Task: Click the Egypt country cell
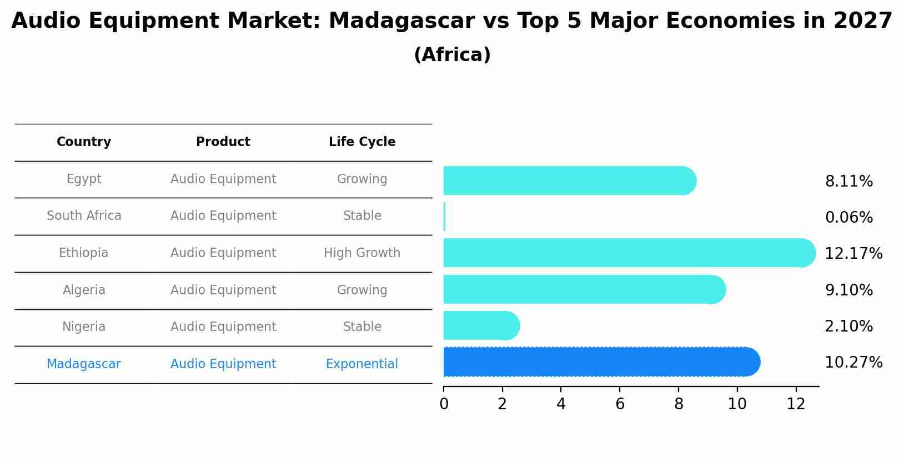(x=84, y=179)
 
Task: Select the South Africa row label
(x=84, y=216)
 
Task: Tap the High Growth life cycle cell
(x=362, y=253)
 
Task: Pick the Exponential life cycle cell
(x=362, y=364)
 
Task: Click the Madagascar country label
(x=84, y=364)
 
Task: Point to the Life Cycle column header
(x=362, y=142)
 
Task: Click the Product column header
(x=223, y=142)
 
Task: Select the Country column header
(x=84, y=142)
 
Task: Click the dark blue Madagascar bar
(x=600, y=362)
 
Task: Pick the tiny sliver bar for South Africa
(x=445, y=217)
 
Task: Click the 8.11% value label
(x=849, y=182)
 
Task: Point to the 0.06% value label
(x=849, y=218)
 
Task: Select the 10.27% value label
(x=853, y=363)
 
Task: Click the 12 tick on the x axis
(x=796, y=404)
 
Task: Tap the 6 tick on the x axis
(x=620, y=404)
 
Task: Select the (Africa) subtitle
(x=452, y=55)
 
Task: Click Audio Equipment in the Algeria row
(x=223, y=290)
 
